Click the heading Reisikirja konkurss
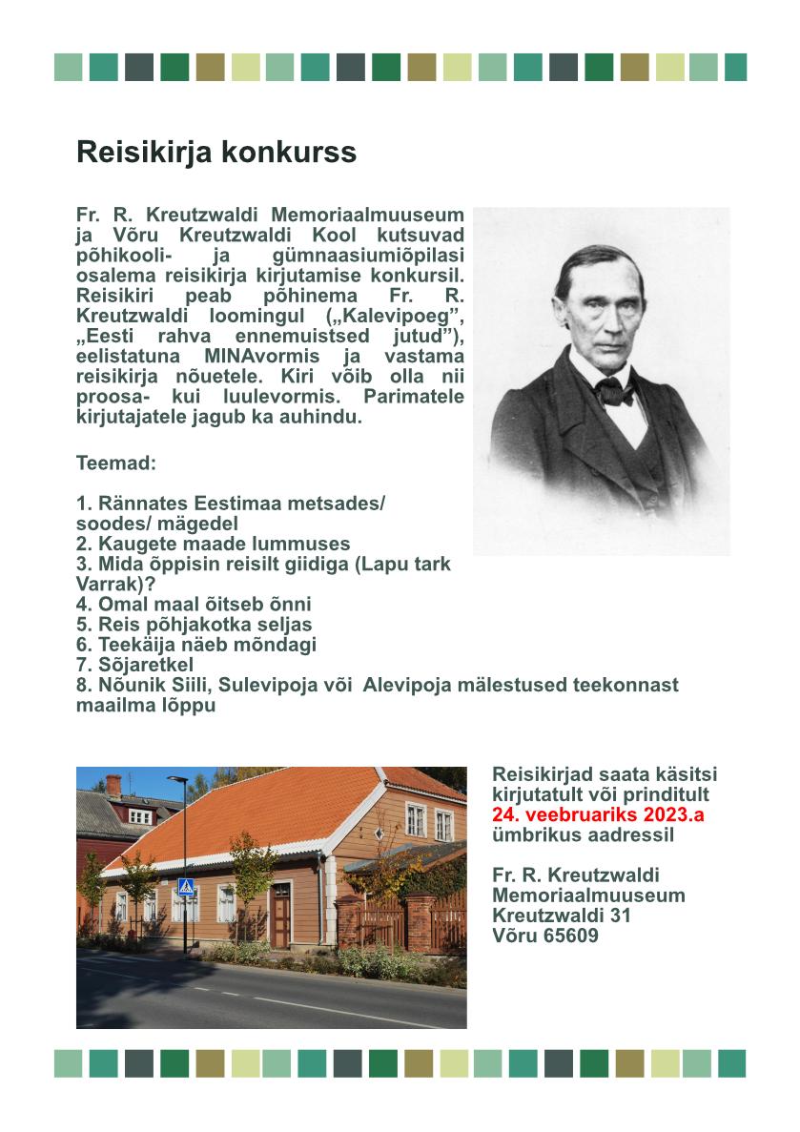coord(215,152)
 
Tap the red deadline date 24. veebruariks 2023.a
coord(598,815)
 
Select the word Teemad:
coord(115,463)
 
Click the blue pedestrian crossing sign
coord(185,886)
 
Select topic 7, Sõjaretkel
coord(134,664)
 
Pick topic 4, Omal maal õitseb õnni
coord(194,604)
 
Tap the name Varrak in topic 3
coord(106,584)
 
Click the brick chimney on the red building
coord(113,785)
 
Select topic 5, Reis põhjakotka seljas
coord(194,625)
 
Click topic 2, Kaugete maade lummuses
coord(213,544)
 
